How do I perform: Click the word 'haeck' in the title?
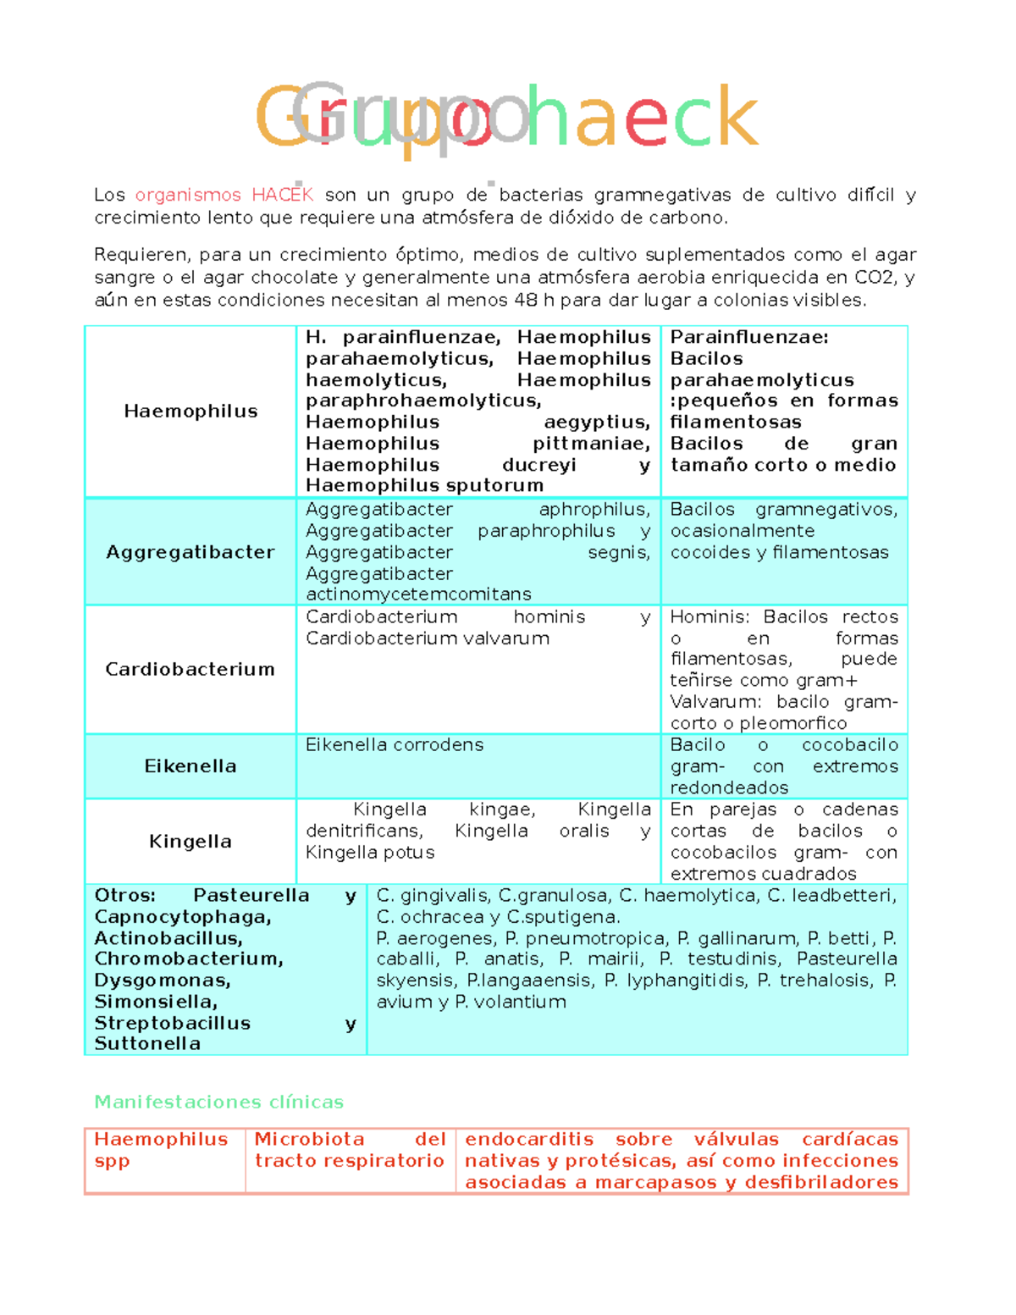pos(642,116)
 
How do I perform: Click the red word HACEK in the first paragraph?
pos(283,195)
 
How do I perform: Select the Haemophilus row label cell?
pos(190,412)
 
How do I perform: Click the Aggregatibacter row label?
pos(190,552)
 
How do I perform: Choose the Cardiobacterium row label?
pos(190,669)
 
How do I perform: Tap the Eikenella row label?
pos(190,766)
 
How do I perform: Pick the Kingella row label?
pos(190,842)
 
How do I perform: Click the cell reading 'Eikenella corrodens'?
pos(395,745)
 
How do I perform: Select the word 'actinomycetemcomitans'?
pos(418,594)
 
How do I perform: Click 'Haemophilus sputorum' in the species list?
pos(424,485)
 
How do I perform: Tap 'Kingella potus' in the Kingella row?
pos(370,853)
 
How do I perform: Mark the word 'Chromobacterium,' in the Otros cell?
pos(189,959)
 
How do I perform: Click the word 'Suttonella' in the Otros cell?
pos(147,1044)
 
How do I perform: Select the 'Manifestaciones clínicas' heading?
pos(218,1102)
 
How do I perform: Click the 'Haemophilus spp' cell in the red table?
pos(161,1150)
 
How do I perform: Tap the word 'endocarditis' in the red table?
pos(529,1140)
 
